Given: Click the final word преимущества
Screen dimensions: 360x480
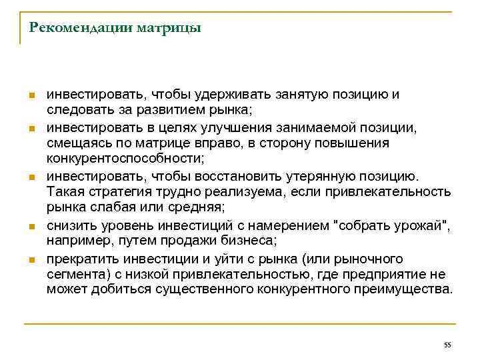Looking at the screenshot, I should click(409, 291).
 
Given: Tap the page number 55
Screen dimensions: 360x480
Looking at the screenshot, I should click(447, 344).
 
